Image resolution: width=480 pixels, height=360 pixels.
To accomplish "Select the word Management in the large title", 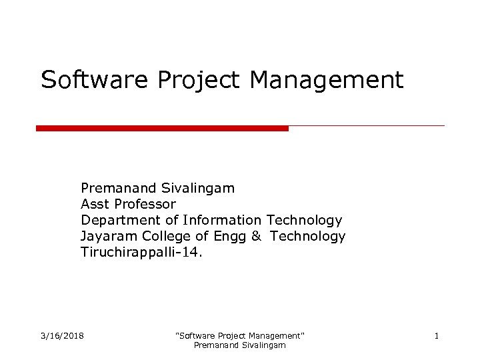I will [x=327, y=81].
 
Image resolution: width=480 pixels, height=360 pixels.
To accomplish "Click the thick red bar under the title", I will [x=162, y=128].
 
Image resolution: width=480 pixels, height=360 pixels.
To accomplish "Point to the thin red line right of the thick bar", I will [x=367, y=125].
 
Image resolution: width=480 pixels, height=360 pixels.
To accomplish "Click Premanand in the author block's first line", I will [x=119, y=188].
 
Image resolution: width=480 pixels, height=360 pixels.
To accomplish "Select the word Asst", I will [x=94, y=204].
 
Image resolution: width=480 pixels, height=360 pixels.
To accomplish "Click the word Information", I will [x=222, y=220].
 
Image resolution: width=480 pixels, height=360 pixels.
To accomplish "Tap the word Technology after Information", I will [x=304, y=221].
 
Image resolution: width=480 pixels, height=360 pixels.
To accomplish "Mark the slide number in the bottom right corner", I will [x=436, y=335].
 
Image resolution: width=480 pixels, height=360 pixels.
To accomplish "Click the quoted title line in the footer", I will [x=239, y=335].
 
